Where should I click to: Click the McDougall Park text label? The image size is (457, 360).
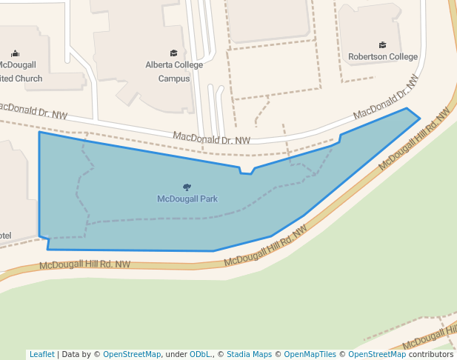187,199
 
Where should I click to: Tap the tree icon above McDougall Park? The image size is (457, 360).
187,187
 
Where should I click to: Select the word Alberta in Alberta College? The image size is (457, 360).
159,65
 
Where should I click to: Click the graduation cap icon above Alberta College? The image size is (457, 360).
174,53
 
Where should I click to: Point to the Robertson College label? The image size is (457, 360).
383,56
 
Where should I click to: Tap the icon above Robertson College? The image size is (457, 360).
382,44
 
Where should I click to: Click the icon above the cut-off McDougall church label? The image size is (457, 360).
16,53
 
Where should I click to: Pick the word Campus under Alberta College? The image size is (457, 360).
174,78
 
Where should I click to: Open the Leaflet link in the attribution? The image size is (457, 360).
41,354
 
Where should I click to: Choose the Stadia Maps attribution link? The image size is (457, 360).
249,354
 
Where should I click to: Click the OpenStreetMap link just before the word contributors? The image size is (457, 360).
377,354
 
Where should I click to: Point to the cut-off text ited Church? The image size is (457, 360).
21,78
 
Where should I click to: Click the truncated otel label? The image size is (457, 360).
6,236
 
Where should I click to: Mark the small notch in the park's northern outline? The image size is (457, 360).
246,172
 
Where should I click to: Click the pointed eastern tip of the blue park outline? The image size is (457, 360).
419,118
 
